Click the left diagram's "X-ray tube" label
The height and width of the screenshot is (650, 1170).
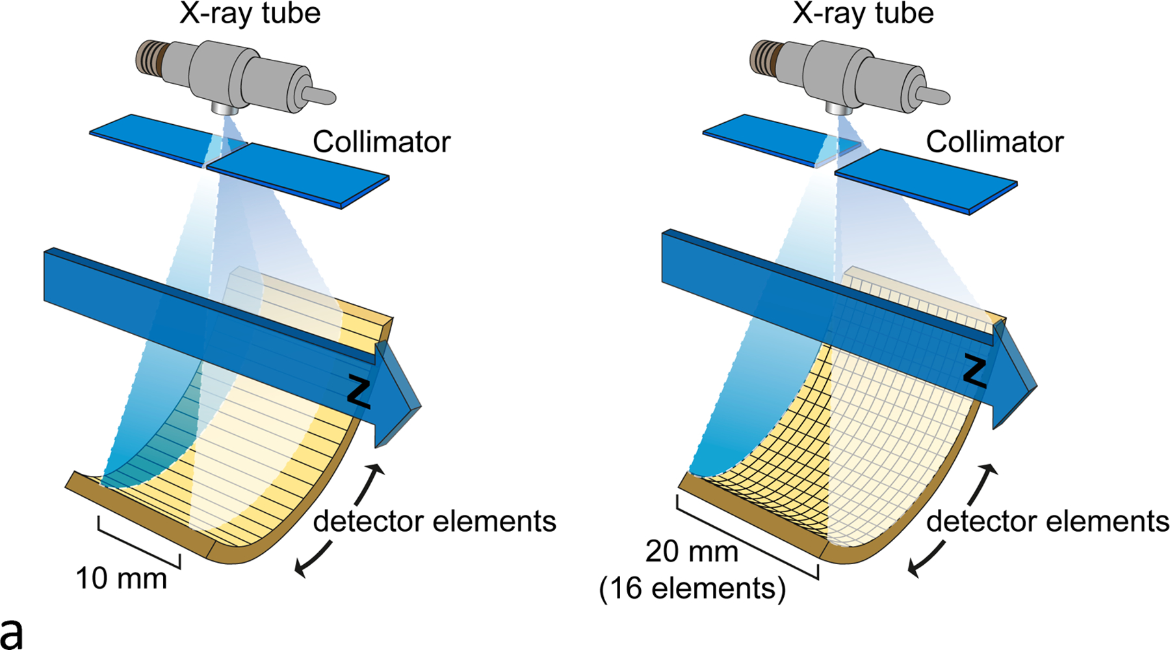pos(250,14)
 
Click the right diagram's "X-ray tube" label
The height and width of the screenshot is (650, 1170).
pos(863,14)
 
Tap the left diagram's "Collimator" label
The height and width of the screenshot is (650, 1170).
pos(381,142)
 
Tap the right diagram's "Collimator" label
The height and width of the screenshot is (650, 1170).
pos(994,142)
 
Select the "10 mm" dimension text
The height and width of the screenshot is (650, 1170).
pos(122,578)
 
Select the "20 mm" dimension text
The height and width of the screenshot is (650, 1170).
pos(692,552)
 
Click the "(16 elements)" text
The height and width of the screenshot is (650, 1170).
pos(692,589)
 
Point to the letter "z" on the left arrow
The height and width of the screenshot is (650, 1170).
pos(359,391)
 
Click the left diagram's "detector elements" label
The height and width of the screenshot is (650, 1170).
pos(434,521)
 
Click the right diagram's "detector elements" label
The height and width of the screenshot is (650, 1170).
pos(1047,521)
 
